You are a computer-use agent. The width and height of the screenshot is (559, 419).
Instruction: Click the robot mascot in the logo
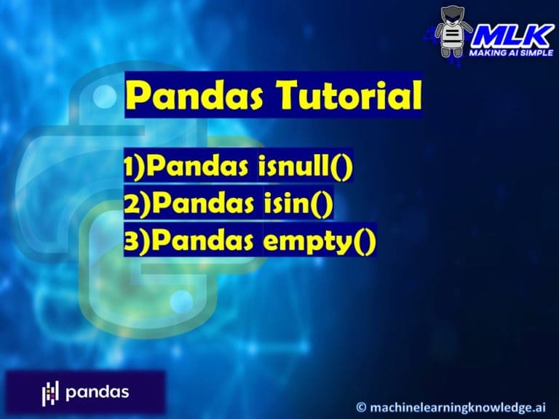(453, 32)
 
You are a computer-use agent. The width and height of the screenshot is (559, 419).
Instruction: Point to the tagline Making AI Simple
(511, 52)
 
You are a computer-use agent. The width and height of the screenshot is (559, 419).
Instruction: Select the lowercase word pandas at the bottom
(97, 393)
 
